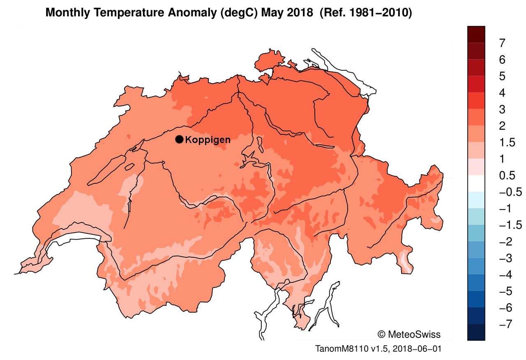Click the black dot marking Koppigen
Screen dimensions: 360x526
pos(179,139)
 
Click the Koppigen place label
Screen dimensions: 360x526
pos(208,140)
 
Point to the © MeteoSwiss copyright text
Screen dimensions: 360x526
pos(408,334)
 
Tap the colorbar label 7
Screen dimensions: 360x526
pos(502,43)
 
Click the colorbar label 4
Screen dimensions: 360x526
pos(502,92)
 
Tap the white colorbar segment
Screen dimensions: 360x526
pos(476,184)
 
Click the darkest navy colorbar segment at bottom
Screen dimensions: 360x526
pos(476,332)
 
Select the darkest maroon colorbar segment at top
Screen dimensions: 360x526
pos(476,34)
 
